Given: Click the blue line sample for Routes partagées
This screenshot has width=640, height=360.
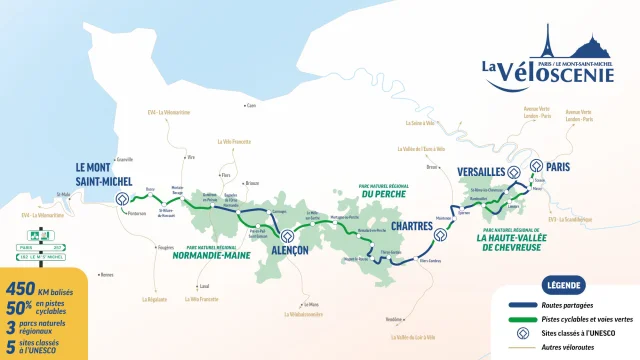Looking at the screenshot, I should pos(521,304).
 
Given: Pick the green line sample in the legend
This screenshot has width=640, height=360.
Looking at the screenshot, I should pos(521,319).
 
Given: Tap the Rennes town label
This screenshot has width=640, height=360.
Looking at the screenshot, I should pos(106,274).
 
